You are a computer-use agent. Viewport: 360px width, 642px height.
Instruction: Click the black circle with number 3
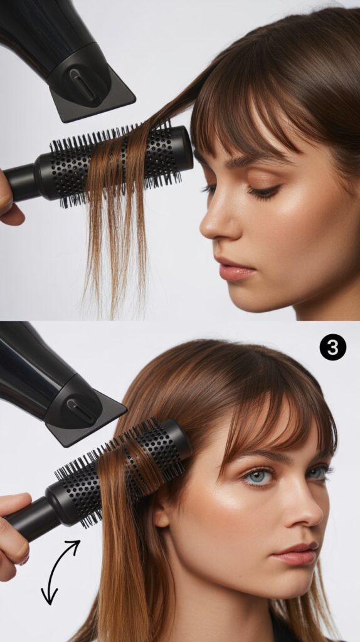[332, 347]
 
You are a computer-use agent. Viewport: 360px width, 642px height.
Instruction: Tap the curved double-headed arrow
[61, 571]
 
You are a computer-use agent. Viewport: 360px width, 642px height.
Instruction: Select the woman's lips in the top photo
[236, 269]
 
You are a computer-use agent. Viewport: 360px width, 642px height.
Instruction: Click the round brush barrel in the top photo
[119, 160]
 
